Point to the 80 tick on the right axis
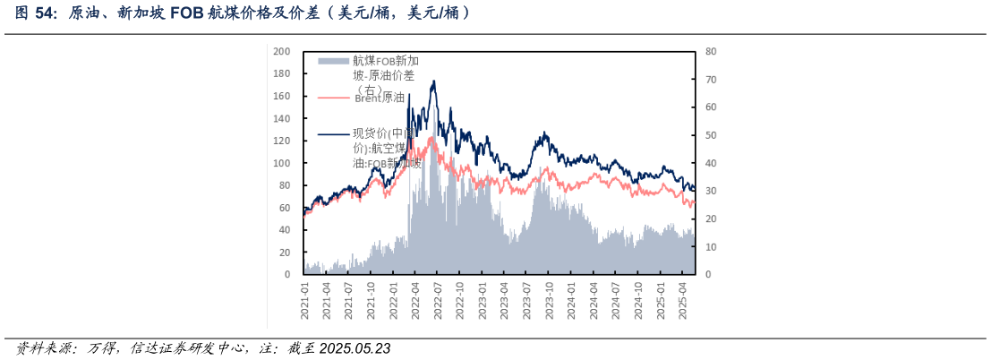[x=711, y=51]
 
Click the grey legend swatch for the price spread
[x=333, y=61]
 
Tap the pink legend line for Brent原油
[x=333, y=98]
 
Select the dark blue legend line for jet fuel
[x=333, y=134]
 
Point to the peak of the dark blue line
[x=434, y=81]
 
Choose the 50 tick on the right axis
[x=711, y=135]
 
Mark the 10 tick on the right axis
[x=711, y=246]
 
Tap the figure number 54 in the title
[x=42, y=13]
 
